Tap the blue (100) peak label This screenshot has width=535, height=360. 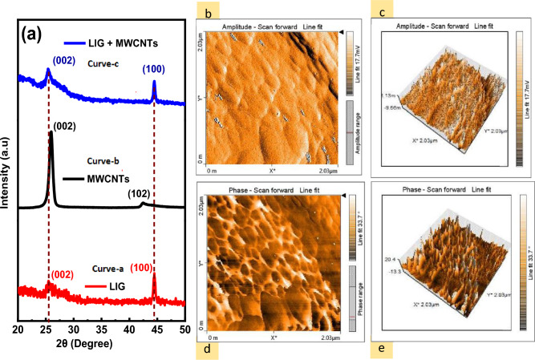pyautogui.click(x=155, y=70)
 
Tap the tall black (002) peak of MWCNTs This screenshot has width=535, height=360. pyautogui.click(x=51, y=136)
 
